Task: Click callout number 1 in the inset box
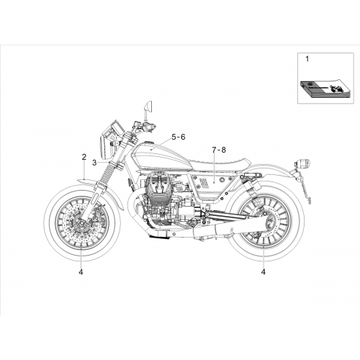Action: coord(307,59)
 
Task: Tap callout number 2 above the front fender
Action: coord(84,157)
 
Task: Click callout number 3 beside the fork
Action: coord(94,163)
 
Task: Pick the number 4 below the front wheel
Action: coord(81,272)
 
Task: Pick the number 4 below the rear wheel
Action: coord(264,272)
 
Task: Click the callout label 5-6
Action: coord(179,137)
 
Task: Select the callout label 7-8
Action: coord(219,150)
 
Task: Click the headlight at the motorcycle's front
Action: coord(105,146)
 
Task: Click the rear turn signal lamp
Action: coord(303,163)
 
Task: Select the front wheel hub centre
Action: coord(81,223)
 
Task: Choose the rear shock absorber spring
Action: coord(251,187)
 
